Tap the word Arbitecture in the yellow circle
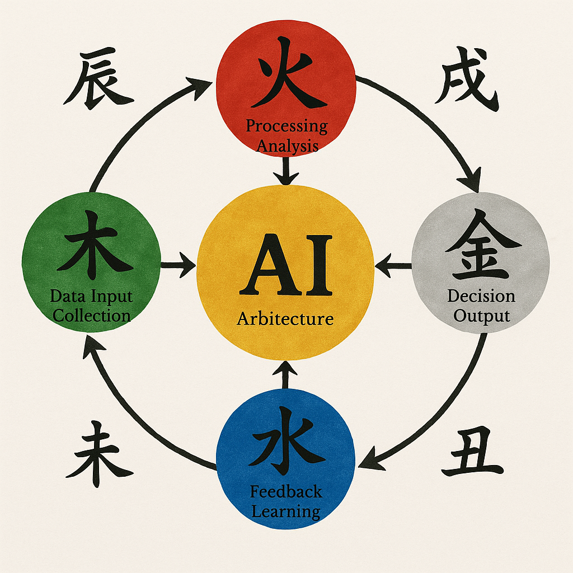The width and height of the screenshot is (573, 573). coord(285,319)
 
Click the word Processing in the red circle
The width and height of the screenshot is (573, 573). coord(286,126)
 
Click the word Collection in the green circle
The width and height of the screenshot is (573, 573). coord(91,315)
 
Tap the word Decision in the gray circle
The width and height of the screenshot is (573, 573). coord(481,297)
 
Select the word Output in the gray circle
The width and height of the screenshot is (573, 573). coord(481,316)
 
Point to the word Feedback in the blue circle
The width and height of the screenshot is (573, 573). coord(286,492)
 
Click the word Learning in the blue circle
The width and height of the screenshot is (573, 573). coord(286,511)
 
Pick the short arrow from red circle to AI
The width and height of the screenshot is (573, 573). coord(286,171)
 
